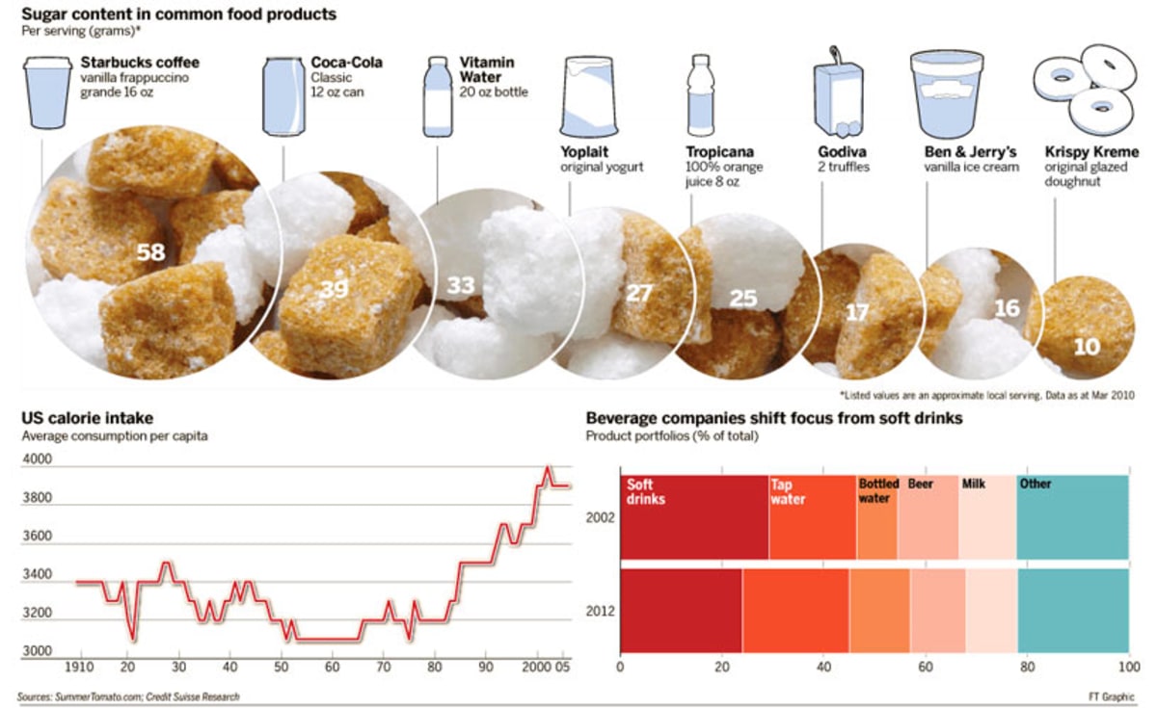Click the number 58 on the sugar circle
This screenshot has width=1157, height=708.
150,253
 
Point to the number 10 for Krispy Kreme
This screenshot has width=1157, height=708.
1086,346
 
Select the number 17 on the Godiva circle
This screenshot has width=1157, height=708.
857,313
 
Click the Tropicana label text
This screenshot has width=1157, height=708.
719,152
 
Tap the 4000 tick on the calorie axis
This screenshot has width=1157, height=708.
37,461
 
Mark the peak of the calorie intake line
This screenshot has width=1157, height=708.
548,468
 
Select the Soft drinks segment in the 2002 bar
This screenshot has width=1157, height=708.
693,517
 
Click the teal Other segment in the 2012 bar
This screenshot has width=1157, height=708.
1072,611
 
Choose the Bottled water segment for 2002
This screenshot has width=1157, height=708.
876,517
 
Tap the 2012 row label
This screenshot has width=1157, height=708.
601,611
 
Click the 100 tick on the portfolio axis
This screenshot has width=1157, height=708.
1125,668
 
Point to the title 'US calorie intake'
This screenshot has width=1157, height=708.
87,418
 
